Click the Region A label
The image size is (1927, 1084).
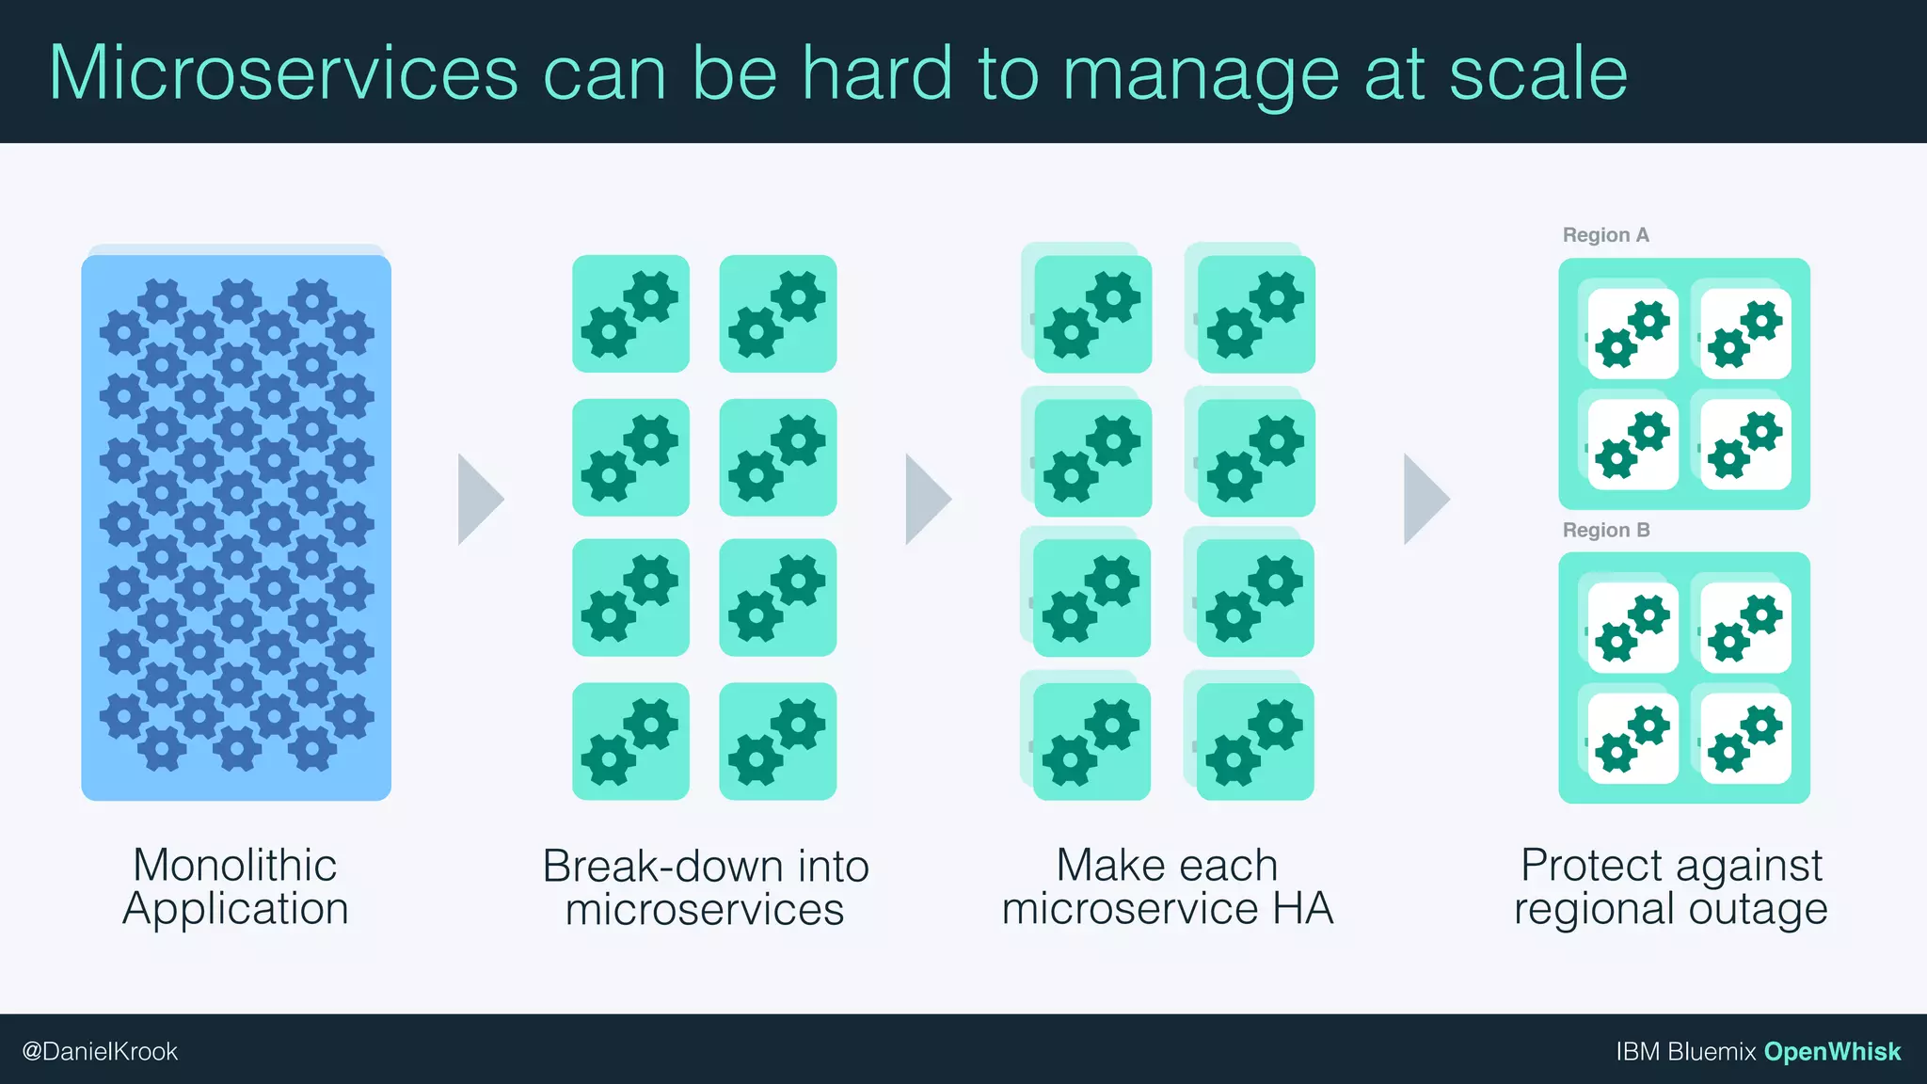[1605, 235]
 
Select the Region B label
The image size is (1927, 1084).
[1605, 531]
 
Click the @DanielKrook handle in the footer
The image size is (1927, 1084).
[100, 1051]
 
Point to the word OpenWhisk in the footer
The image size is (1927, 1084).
[1832, 1051]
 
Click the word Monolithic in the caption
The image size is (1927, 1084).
[235, 865]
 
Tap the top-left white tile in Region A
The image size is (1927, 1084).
[1632, 333]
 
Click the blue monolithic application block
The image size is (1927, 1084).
[236, 527]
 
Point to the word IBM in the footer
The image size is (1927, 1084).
[1637, 1051]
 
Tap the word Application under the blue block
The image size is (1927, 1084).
[235, 909]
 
